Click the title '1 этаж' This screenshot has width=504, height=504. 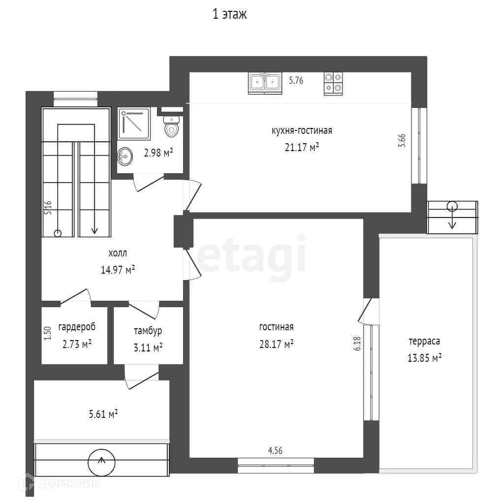229,14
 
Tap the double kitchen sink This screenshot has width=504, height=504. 265,83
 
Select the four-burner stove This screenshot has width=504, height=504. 333,84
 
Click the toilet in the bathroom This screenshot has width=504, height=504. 171,126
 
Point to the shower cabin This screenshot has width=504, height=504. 134,124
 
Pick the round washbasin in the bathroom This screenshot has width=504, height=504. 125,157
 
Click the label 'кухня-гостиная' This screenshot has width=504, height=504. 302,131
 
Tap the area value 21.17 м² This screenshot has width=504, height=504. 302,147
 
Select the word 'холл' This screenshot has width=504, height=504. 118,253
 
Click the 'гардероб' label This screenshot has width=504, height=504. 77,327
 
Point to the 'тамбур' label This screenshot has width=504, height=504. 148,331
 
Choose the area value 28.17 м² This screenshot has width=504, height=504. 277,344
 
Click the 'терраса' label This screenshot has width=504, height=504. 424,342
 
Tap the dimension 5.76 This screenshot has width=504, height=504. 296,80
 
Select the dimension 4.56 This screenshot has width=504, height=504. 275,451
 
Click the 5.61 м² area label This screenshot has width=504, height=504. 103,413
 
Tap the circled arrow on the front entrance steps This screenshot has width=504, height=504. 101,463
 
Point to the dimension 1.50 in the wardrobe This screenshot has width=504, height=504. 48,334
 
